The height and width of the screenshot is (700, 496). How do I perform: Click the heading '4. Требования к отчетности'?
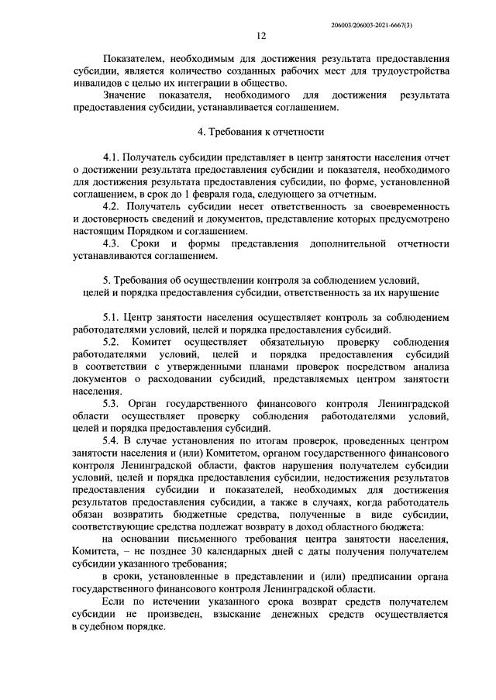[260, 132]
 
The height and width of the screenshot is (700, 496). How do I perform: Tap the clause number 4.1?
[112, 158]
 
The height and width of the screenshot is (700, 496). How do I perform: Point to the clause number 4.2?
[112, 207]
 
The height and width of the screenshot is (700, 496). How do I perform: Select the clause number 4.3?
[112, 244]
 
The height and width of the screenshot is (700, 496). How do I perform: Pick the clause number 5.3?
[112, 404]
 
